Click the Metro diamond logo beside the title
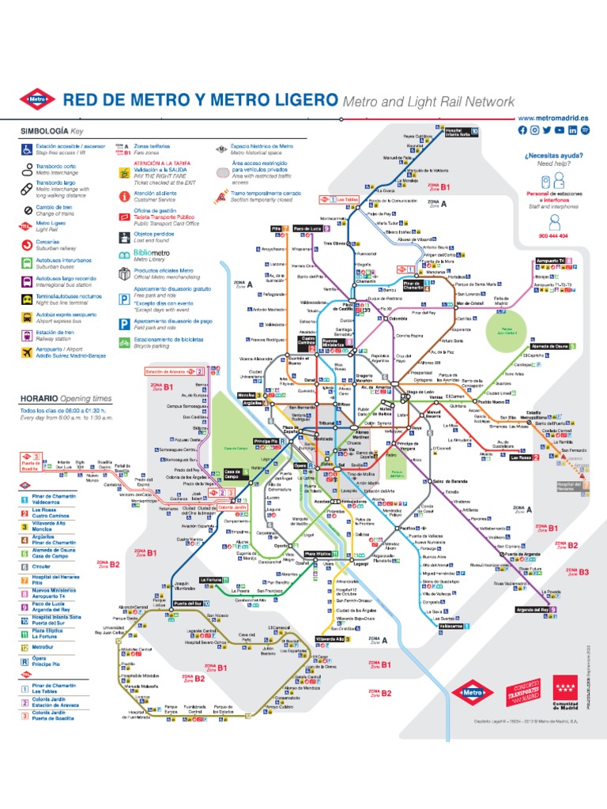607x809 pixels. [x=37, y=100]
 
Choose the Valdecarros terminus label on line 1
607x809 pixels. [x=452, y=627]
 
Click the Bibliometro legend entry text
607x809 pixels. [x=142, y=254]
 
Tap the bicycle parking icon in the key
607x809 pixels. [x=123, y=343]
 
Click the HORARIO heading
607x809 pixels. [x=40, y=399]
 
